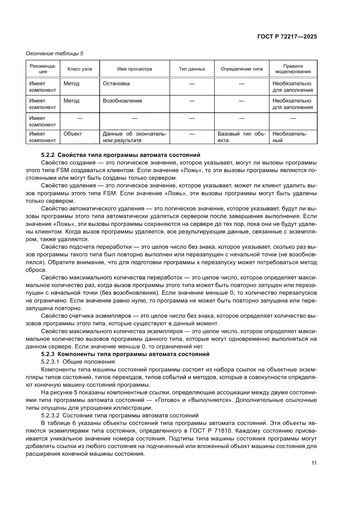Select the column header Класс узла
coord(79,69)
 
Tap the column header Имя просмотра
coord(135,69)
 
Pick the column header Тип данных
coord(192,69)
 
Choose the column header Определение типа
coord(242,69)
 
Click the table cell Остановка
coord(116,83)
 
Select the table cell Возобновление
coord(122,101)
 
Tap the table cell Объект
coord(73,134)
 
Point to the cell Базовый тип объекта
coord(242,137)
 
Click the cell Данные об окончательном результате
coord(135,137)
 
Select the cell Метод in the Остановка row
coord(71,83)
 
